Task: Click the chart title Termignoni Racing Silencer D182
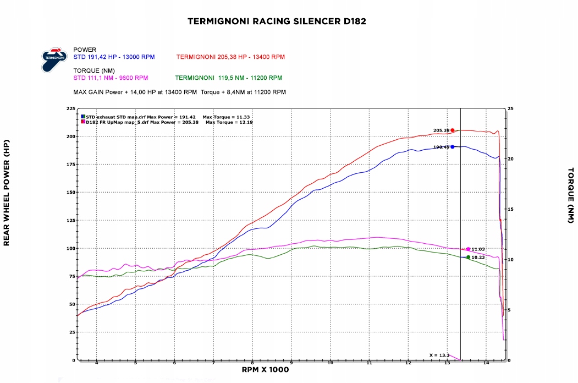[x=277, y=21]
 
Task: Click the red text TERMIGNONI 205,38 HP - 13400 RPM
[x=230, y=57]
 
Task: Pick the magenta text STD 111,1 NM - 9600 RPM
[x=111, y=78]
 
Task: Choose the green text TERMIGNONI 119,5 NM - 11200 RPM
[x=228, y=78]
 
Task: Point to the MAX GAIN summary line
[x=179, y=92]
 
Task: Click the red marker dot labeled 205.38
[x=453, y=130]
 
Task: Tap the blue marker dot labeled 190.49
[x=453, y=147]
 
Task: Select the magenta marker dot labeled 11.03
[x=468, y=249]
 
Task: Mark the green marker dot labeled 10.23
[x=468, y=257]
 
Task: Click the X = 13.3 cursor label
[x=439, y=355]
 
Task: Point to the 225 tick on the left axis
[x=71, y=109]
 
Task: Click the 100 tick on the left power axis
[x=71, y=248]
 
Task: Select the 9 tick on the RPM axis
[x=291, y=364]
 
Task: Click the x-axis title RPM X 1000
[x=265, y=370]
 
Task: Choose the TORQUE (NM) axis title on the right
[x=571, y=195]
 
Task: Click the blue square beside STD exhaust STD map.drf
[x=83, y=117]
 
